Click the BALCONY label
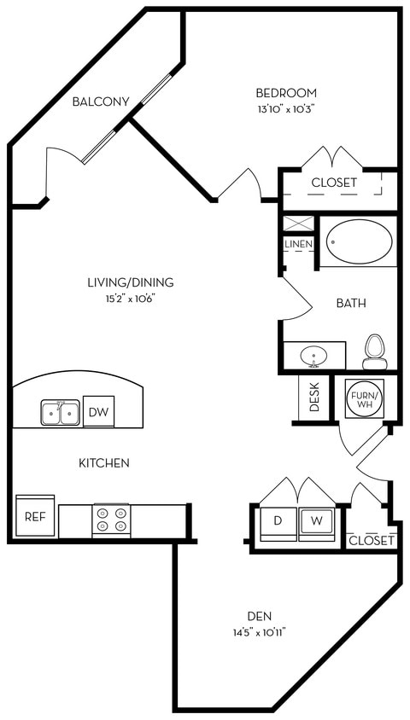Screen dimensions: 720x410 pyautogui.click(x=100, y=102)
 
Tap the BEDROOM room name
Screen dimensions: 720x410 pyautogui.click(x=286, y=92)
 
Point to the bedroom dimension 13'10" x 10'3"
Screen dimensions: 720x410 pyautogui.click(x=286, y=108)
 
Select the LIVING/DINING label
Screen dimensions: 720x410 pyautogui.click(x=131, y=282)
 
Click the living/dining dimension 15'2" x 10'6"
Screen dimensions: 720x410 pyautogui.click(x=131, y=299)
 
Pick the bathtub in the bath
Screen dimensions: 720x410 pyautogui.click(x=360, y=241)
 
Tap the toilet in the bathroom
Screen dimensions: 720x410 pyautogui.click(x=375, y=351)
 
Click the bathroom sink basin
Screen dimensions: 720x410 pyautogui.click(x=313, y=354)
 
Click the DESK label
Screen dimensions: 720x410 pyautogui.click(x=313, y=398)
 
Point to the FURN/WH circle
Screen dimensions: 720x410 pyautogui.click(x=366, y=398)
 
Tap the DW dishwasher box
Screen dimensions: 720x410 pyautogui.click(x=99, y=411)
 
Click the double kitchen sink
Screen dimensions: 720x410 pyautogui.click(x=60, y=413)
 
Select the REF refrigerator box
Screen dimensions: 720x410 pyautogui.click(x=35, y=516)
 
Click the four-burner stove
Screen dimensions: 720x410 pyautogui.click(x=111, y=520)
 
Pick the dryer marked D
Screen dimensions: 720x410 pyautogui.click(x=278, y=520)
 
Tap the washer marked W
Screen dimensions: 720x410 pyautogui.click(x=316, y=520)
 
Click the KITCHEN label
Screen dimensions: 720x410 pyautogui.click(x=104, y=463)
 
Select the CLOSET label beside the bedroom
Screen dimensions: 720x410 pyautogui.click(x=334, y=183)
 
